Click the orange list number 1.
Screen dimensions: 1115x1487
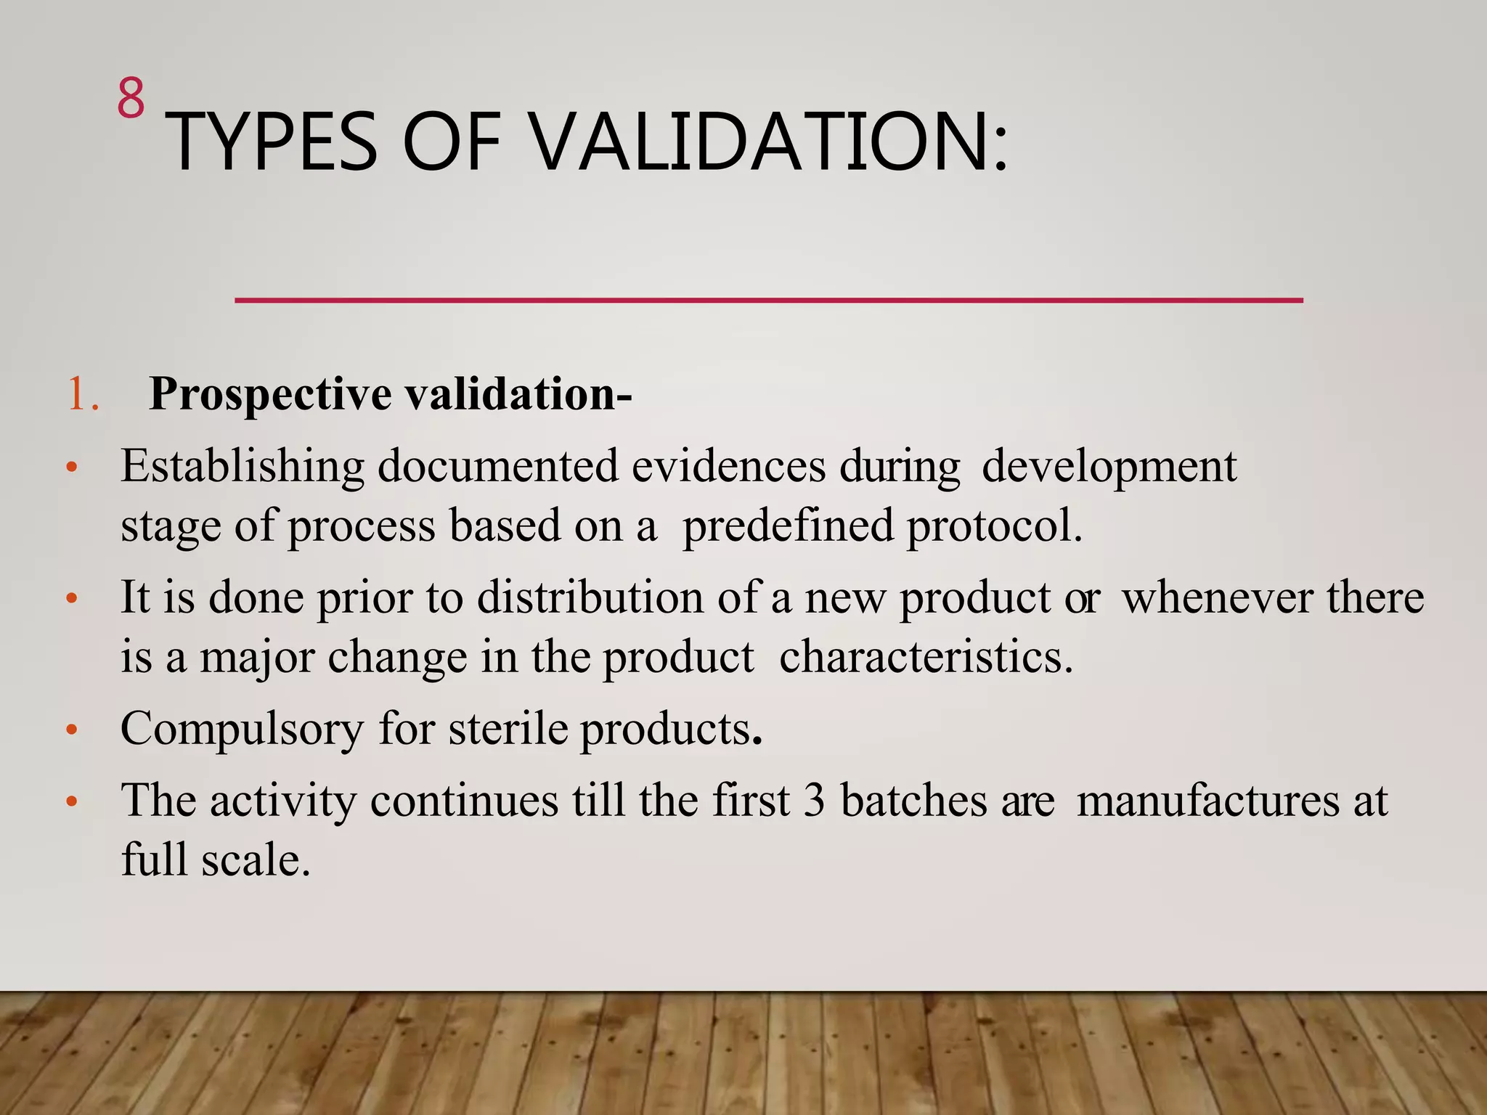click(x=83, y=395)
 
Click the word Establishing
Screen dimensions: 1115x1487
click(x=242, y=467)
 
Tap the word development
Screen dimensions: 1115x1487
click(x=1109, y=467)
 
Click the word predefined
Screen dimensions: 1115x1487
click(x=788, y=526)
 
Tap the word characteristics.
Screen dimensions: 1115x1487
click(x=925, y=658)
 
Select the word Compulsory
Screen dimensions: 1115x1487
click(x=242, y=729)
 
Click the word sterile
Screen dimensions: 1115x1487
click(x=508, y=729)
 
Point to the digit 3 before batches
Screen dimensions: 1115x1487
click(x=814, y=801)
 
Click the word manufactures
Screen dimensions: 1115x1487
click(x=1207, y=801)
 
